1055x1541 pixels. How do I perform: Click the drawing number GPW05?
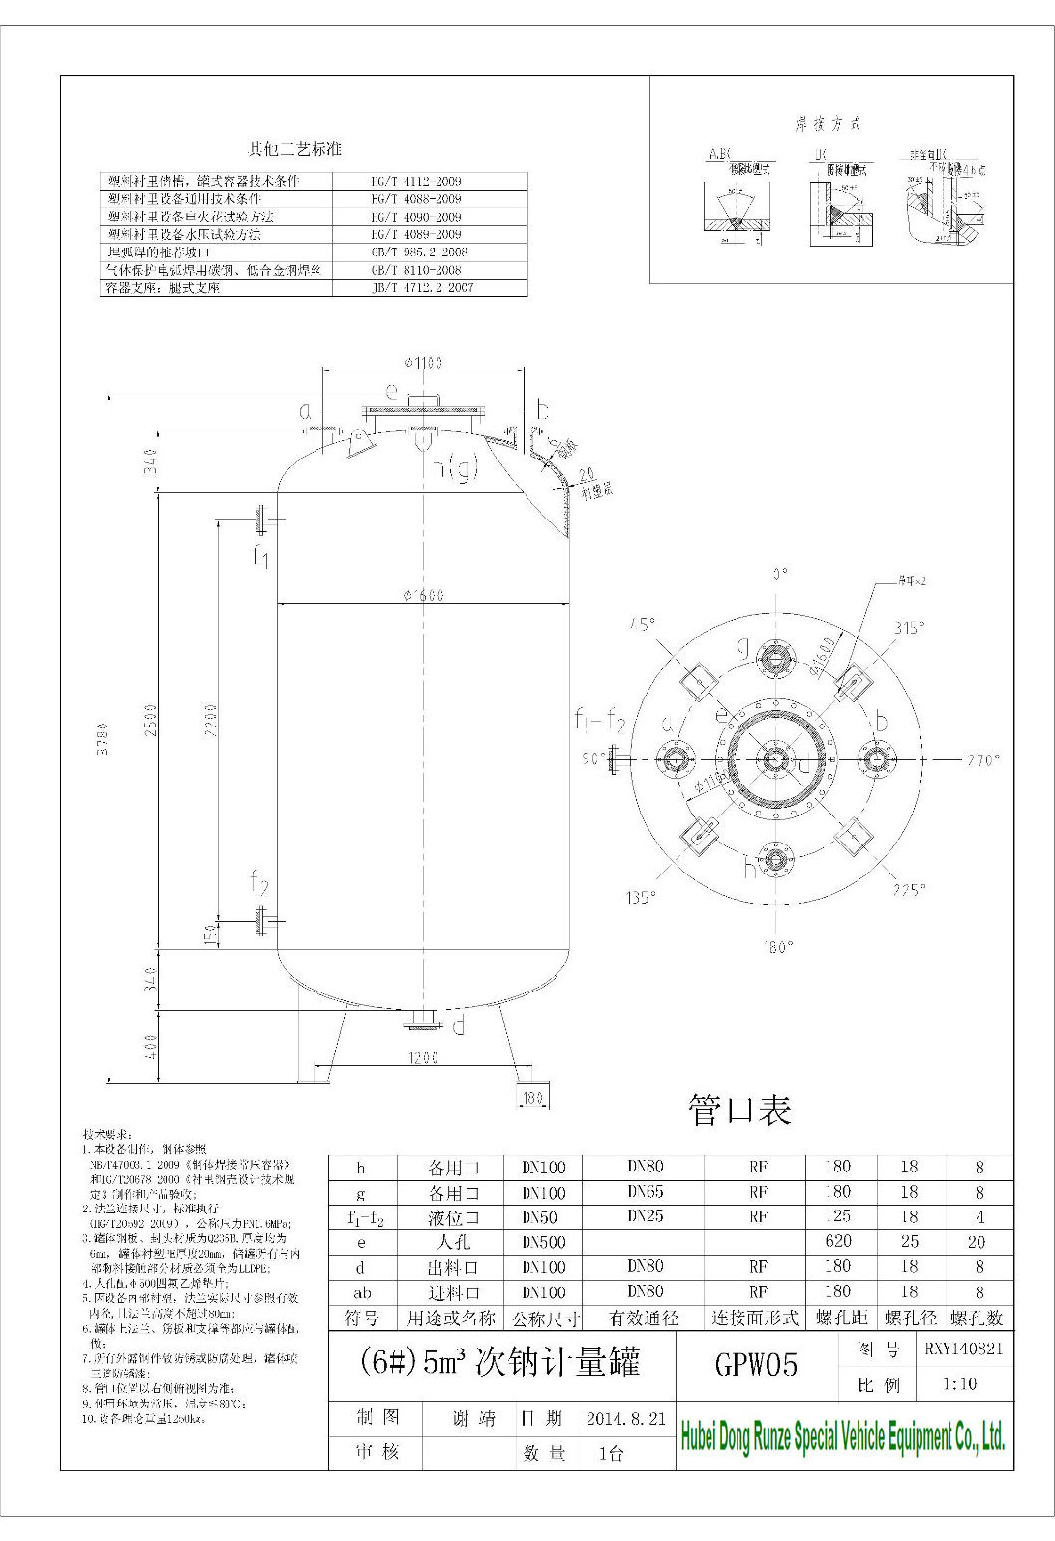(x=756, y=1364)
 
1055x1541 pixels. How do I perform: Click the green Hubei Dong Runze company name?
(x=842, y=1436)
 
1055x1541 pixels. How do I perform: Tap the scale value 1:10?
(x=959, y=1383)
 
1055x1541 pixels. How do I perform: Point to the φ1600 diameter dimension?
(x=423, y=595)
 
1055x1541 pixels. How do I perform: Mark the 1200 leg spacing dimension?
(x=423, y=1059)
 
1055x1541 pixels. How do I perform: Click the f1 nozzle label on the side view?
(x=260, y=556)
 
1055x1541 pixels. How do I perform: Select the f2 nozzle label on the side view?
(x=259, y=882)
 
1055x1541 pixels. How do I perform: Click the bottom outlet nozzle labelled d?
(x=458, y=1026)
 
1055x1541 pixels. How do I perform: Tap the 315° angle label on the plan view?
(x=909, y=627)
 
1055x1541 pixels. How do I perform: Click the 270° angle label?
(x=982, y=760)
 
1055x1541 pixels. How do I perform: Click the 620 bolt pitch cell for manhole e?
(x=838, y=1241)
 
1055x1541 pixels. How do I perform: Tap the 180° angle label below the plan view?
(x=780, y=947)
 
